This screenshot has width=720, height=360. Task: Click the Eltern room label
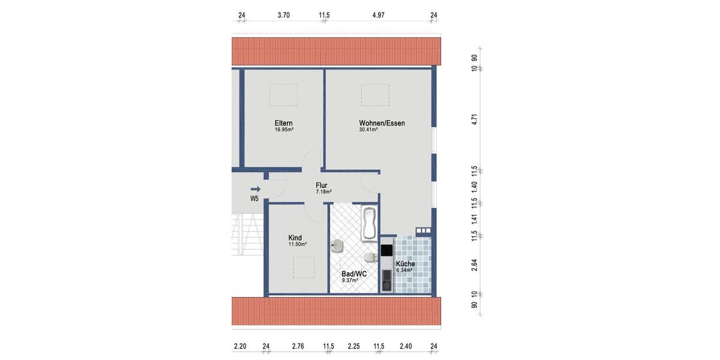pos(284,123)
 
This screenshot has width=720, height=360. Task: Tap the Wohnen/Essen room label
pos(382,123)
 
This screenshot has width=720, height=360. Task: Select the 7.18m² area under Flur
pos(323,192)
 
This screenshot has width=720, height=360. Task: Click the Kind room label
pos(295,238)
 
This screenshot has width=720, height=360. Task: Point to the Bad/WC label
pos(354,274)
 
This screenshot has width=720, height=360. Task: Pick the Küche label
pos(405,264)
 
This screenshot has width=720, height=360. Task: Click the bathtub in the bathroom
pos(369,223)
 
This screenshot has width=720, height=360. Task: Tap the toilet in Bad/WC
pos(370,257)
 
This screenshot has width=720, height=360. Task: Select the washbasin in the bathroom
pos(337,245)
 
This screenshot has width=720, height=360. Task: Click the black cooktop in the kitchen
pos(386,250)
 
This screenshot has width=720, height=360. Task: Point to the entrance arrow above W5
pos(256,189)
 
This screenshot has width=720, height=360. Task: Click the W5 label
pos(254,199)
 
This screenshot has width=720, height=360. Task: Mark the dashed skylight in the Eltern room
pos(283,95)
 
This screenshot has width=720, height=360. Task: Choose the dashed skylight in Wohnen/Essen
pos(375,95)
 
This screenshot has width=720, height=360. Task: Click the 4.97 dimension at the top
pos(378,15)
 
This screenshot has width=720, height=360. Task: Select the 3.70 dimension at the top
pos(284,15)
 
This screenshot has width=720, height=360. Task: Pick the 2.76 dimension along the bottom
pos(298,346)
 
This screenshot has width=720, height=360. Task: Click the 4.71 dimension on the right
pos(475,119)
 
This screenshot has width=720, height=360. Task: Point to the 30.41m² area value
pos(368,130)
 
